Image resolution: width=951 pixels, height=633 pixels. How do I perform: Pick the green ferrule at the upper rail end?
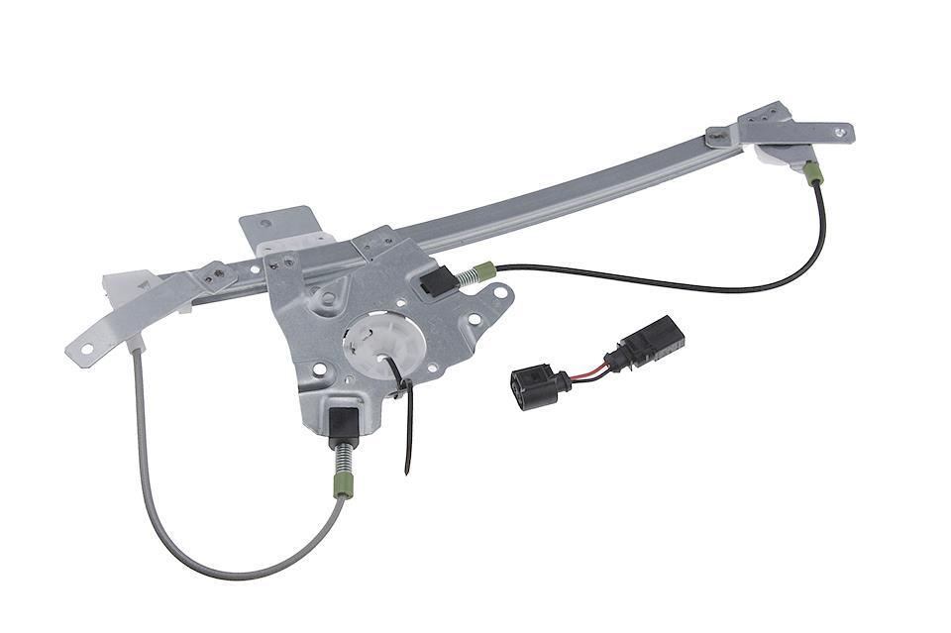tap(813, 173)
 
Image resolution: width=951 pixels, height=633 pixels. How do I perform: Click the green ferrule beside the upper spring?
tap(484, 267)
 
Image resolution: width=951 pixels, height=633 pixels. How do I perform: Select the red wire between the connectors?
tap(589, 368)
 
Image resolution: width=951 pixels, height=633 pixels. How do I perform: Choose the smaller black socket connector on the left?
tap(534, 383)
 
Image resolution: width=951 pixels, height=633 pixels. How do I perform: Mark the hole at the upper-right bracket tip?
tap(840, 130)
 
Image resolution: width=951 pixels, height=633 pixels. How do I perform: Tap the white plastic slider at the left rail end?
tap(120, 287)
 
